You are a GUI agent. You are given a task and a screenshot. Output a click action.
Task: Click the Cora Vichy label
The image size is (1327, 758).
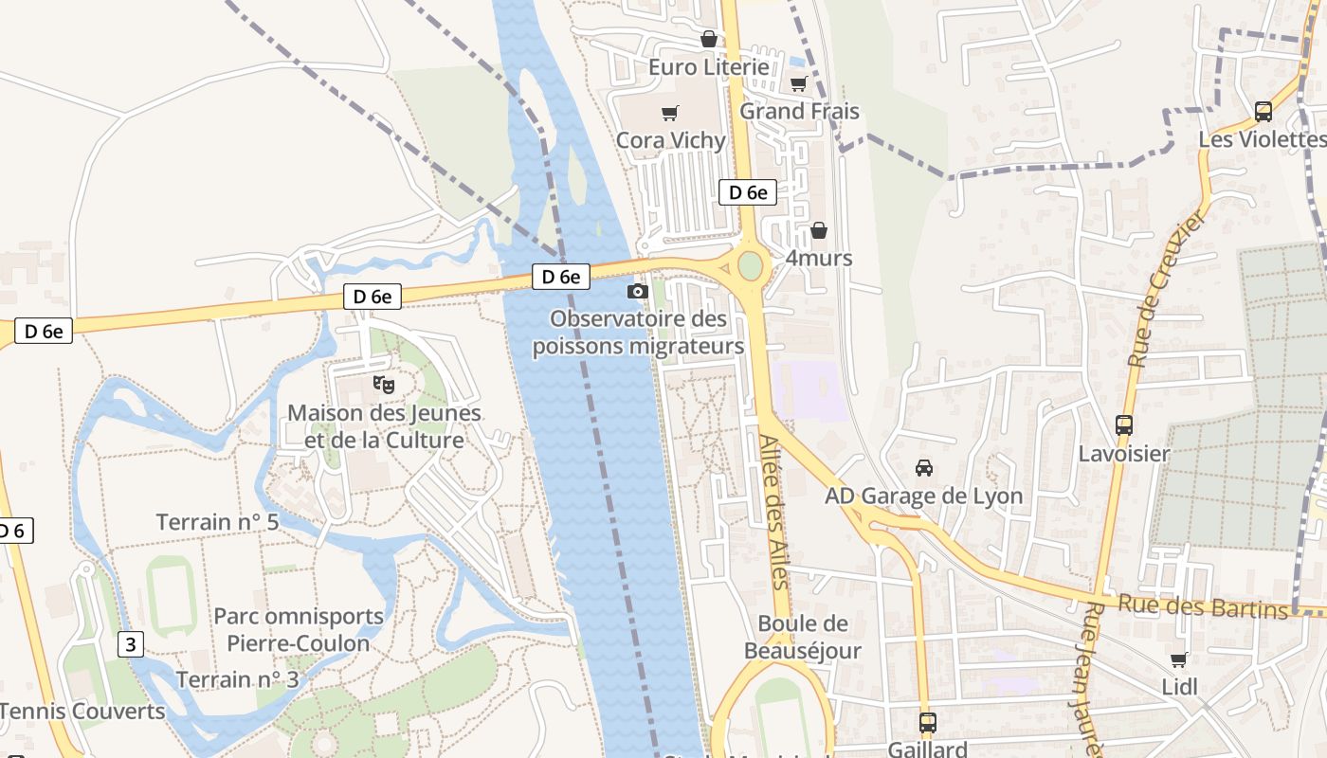(670, 140)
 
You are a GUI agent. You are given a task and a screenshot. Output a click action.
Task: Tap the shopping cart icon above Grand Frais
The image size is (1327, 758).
(798, 83)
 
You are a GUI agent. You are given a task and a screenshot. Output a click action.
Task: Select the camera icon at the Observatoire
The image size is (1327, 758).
(638, 291)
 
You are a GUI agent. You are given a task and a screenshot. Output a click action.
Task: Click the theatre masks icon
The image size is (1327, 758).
(384, 385)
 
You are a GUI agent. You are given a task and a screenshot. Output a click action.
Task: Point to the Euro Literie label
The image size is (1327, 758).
(708, 67)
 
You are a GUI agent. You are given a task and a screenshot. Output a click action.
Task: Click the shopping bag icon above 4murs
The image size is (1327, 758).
(819, 230)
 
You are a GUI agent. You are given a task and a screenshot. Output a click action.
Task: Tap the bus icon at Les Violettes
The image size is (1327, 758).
(1263, 111)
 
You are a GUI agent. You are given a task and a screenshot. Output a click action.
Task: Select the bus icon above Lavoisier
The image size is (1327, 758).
(1124, 425)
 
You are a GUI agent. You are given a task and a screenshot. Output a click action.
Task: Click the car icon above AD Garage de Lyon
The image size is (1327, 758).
(923, 467)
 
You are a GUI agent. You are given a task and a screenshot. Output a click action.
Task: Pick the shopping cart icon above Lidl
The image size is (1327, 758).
(1178, 659)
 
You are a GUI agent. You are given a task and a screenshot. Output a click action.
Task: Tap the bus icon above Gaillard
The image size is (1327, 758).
(927, 722)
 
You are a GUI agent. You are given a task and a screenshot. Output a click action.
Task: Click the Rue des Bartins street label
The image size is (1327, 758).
(1203, 606)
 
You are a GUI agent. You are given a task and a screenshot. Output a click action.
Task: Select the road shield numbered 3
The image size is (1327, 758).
(131, 644)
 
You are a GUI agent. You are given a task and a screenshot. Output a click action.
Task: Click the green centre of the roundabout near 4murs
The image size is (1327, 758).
(750, 265)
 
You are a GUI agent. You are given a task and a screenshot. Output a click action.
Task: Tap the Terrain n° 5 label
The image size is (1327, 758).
(217, 522)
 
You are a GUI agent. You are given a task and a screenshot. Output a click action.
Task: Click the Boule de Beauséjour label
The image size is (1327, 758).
(803, 637)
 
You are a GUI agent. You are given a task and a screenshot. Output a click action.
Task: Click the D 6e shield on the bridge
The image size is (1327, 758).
(560, 277)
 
